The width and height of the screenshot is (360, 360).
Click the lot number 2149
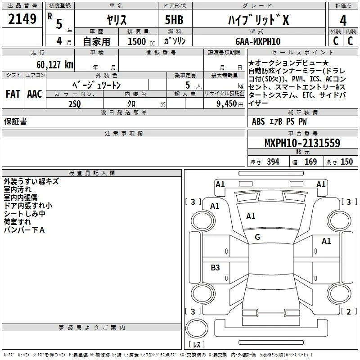[x=22, y=19]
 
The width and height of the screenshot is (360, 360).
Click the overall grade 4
[x=343, y=21]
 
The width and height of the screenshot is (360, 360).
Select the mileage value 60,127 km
[x=55, y=65]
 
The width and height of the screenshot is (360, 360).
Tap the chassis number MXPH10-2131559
[x=302, y=143]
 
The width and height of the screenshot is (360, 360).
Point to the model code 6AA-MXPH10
[x=258, y=41]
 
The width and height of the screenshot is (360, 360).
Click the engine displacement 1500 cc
[x=141, y=41]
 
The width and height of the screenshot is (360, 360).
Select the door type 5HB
[x=174, y=20]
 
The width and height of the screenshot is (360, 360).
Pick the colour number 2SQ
[x=75, y=104]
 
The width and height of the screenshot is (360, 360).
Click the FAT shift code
[x=13, y=94]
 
